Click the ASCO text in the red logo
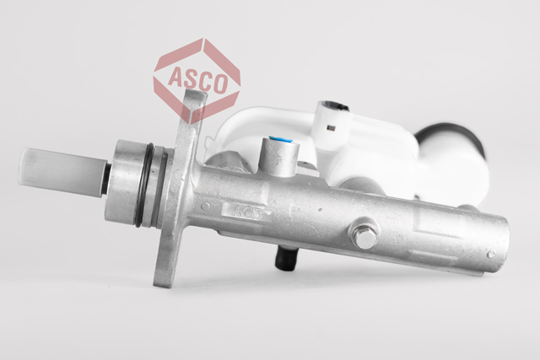(x=197, y=80)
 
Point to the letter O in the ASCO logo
(x=220, y=83)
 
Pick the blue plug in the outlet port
(x=281, y=139)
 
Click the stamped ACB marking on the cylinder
(x=247, y=212)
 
